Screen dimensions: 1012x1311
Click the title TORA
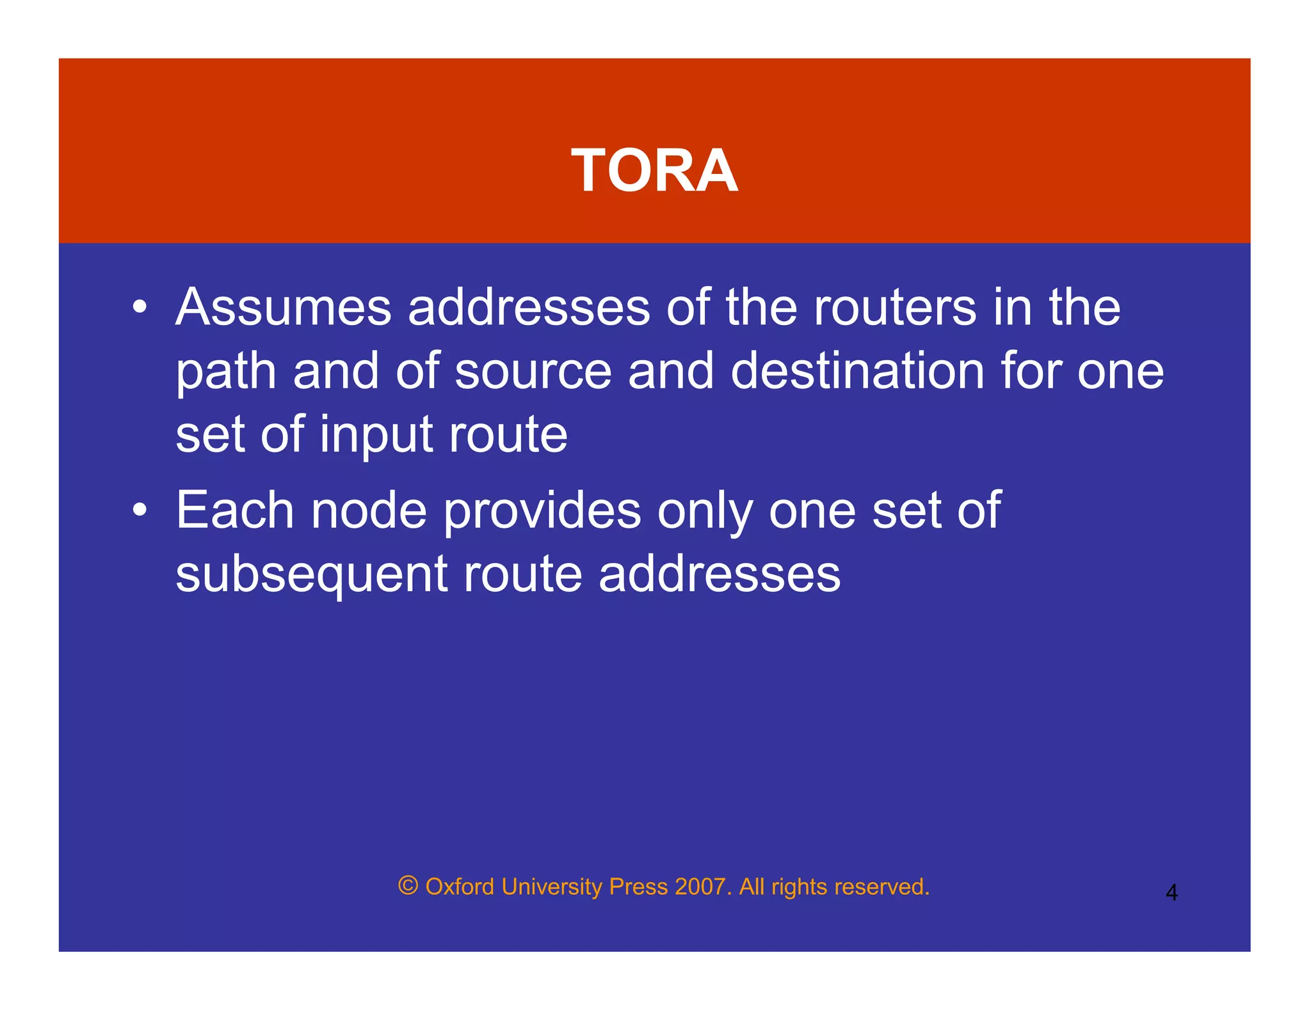[x=654, y=170]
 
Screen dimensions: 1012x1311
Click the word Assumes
[x=283, y=308]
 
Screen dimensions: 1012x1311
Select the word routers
[x=895, y=308]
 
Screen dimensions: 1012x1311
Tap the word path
[x=225, y=372]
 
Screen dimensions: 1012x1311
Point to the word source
[x=533, y=372]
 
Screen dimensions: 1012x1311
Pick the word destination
[x=857, y=372]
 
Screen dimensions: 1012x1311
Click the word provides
[x=542, y=511]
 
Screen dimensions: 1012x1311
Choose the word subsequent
[x=311, y=575]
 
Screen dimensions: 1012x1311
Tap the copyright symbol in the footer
[x=408, y=886]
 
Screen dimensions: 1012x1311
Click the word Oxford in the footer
[x=460, y=887]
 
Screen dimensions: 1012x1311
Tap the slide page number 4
[x=1171, y=892]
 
